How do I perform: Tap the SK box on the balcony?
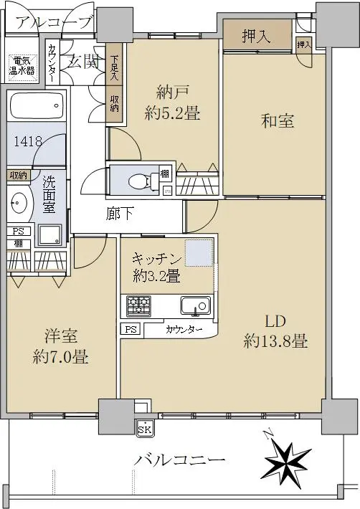point(144,430)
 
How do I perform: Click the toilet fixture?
point(143,181)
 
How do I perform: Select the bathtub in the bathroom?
point(37,105)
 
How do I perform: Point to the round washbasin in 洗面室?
point(19,202)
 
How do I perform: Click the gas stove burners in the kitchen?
point(138,306)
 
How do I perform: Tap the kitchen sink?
point(195,306)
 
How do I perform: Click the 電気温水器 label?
point(22,66)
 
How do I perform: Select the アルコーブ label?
point(54,23)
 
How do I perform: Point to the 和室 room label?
point(278,120)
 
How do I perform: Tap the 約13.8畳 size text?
point(275,342)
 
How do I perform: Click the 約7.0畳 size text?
point(60,357)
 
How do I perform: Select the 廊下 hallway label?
point(120,213)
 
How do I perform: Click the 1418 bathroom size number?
point(28,141)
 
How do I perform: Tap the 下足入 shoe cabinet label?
point(114,69)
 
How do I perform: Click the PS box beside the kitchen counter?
point(131,330)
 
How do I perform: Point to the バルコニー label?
point(180,460)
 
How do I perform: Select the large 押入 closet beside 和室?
point(257,35)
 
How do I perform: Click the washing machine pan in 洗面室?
point(49,234)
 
